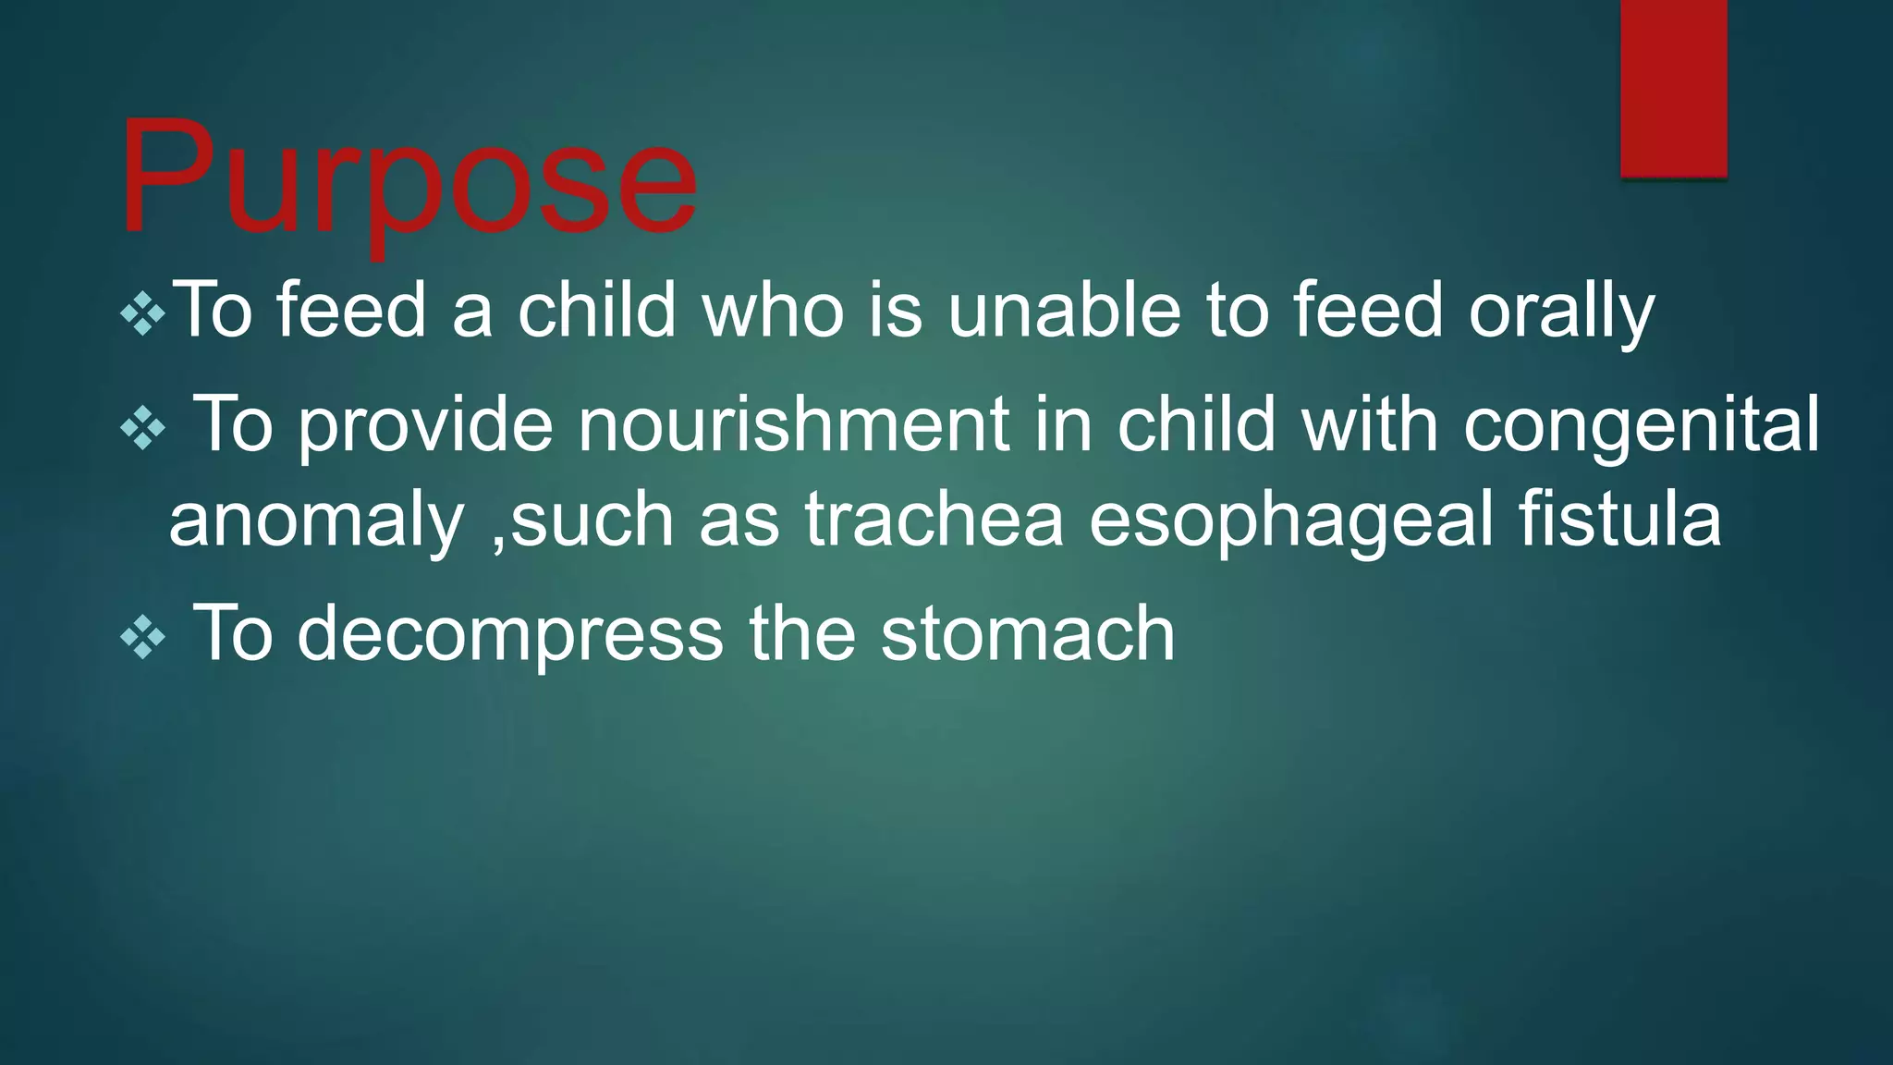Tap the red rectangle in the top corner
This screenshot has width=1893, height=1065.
click(1673, 88)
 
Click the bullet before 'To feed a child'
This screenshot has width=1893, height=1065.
click(143, 315)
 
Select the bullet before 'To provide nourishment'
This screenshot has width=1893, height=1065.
click(143, 428)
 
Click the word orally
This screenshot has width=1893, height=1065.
click(1561, 312)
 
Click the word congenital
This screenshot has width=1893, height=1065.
click(1641, 427)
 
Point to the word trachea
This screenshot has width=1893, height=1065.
click(934, 519)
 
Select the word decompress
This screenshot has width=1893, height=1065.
click(509, 636)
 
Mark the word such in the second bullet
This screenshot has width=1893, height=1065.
click(592, 519)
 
